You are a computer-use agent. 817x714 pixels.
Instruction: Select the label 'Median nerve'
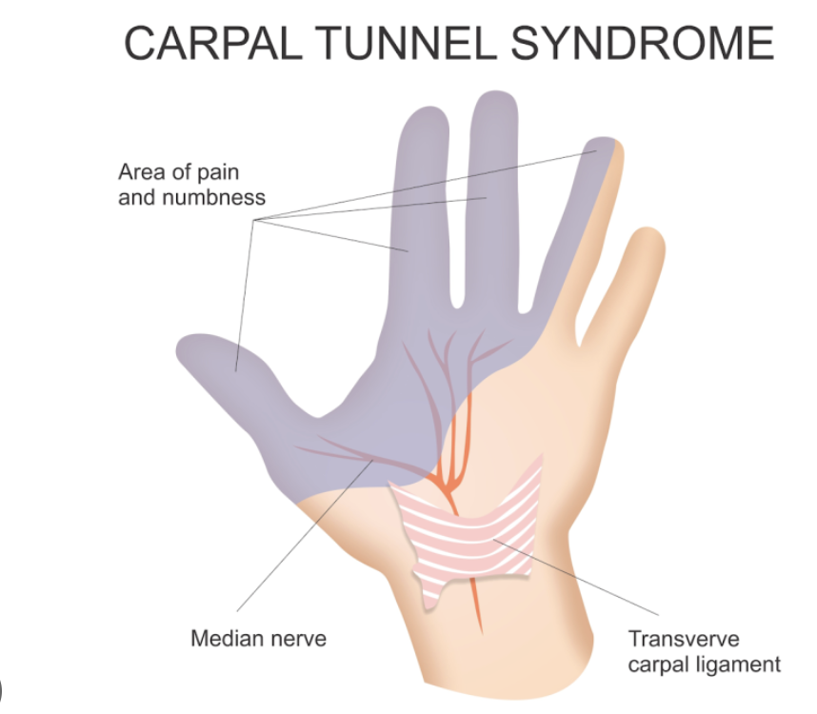coord(258,638)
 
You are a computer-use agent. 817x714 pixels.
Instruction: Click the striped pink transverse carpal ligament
coord(476,528)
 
